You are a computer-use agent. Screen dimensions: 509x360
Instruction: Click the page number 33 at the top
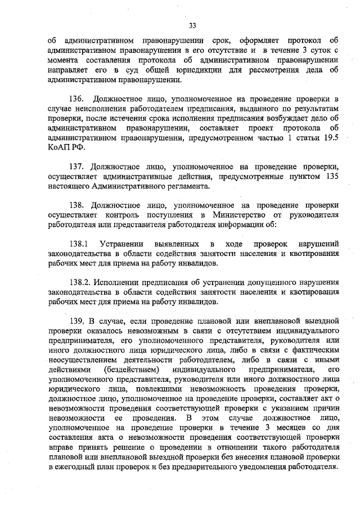192,25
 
